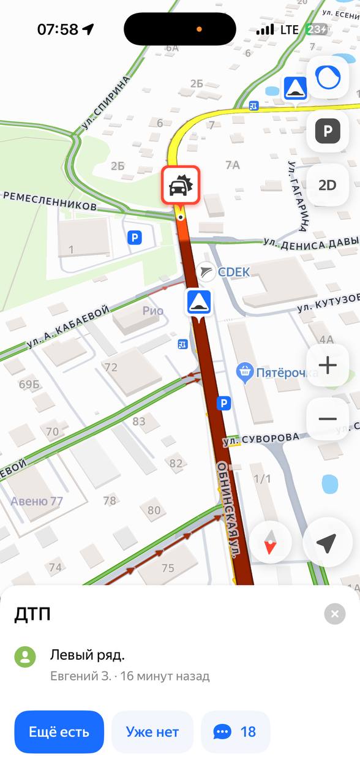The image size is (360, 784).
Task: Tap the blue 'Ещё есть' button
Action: point(59,731)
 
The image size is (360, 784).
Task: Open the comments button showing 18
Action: point(236,731)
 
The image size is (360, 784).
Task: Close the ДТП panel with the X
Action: point(334,614)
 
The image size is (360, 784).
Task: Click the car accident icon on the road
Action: point(180,185)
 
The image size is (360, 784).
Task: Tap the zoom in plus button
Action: point(328,366)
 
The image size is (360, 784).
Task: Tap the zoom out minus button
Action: point(328,419)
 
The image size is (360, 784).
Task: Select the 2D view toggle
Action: point(328,185)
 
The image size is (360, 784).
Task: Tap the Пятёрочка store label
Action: point(279,371)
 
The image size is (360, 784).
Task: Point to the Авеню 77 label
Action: point(37,502)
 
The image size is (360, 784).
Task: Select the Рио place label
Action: point(153,311)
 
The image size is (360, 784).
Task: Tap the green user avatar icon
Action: point(25,657)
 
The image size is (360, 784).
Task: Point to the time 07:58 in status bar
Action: point(58,29)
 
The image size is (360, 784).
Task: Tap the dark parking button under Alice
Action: point(328,131)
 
